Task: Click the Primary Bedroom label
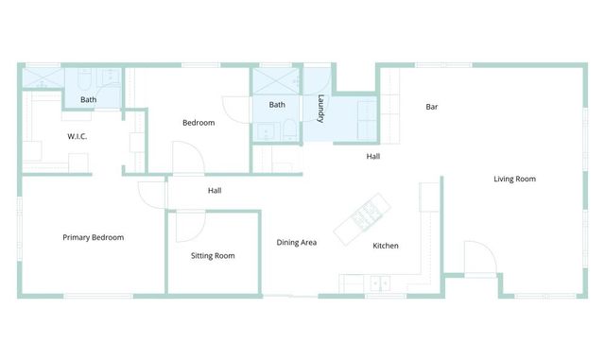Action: tap(93, 237)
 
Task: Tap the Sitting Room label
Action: tap(213, 255)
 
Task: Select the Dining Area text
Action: tap(296, 243)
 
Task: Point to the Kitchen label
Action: tap(385, 246)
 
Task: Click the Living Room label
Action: tap(514, 179)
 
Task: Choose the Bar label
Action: tap(432, 107)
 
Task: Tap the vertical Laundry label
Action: tap(320, 110)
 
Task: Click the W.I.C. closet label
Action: tap(78, 136)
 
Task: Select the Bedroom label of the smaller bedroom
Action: tap(199, 123)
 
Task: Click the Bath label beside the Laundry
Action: tap(277, 105)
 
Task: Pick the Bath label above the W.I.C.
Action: tap(88, 99)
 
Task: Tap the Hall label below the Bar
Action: tap(373, 156)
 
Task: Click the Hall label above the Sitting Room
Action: tap(215, 191)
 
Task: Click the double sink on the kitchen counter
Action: tap(381, 282)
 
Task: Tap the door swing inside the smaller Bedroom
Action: tap(186, 157)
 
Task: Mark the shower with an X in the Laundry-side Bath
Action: tap(275, 79)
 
